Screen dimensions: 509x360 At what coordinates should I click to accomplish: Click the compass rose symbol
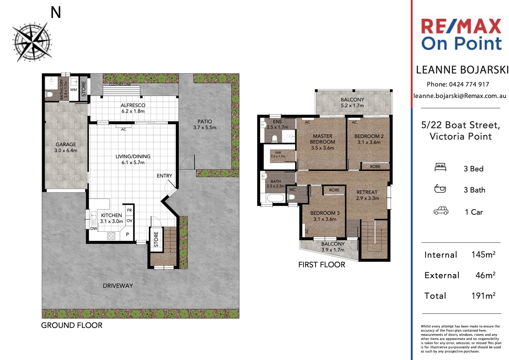pyautogui.click(x=32, y=42)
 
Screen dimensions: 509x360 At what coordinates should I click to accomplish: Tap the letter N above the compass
pyautogui.click(x=56, y=12)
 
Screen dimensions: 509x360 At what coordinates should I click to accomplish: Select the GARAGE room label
pyautogui.click(x=66, y=147)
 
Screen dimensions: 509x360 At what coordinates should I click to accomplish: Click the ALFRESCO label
pyautogui.click(x=133, y=108)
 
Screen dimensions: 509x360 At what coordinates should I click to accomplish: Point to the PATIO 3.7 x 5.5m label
pyautogui.click(x=205, y=124)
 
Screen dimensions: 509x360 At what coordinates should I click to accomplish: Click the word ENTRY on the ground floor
pyautogui.click(x=164, y=176)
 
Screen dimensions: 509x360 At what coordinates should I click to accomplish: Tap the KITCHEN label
pyautogui.click(x=111, y=218)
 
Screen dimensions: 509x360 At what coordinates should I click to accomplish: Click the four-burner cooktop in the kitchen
pyautogui.click(x=111, y=236)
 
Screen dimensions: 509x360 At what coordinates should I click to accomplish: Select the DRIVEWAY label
pyautogui.click(x=118, y=286)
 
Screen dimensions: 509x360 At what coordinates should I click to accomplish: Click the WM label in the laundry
pyautogui.click(x=73, y=90)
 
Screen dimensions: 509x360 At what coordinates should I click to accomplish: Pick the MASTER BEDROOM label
pyautogui.click(x=322, y=142)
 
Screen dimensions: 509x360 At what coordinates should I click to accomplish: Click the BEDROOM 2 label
pyautogui.click(x=369, y=139)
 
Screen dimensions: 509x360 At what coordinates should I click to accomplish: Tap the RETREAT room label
pyautogui.click(x=367, y=195)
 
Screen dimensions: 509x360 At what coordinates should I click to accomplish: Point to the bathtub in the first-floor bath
pyautogui.click(x=275, y=198)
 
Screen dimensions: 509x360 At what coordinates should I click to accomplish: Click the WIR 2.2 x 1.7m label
pyautogui.click(x=278, y=154)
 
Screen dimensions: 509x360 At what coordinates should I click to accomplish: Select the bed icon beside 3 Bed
pyautogui.click(x=440, y=167)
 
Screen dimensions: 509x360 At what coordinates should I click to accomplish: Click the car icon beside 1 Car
pyautogui.click(x=441, y=211)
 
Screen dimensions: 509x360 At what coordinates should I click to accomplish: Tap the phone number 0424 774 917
pyautogui.click(x=469, y=84)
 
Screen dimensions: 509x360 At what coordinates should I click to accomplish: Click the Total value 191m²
pyautogui.click(x=483, y=296)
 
